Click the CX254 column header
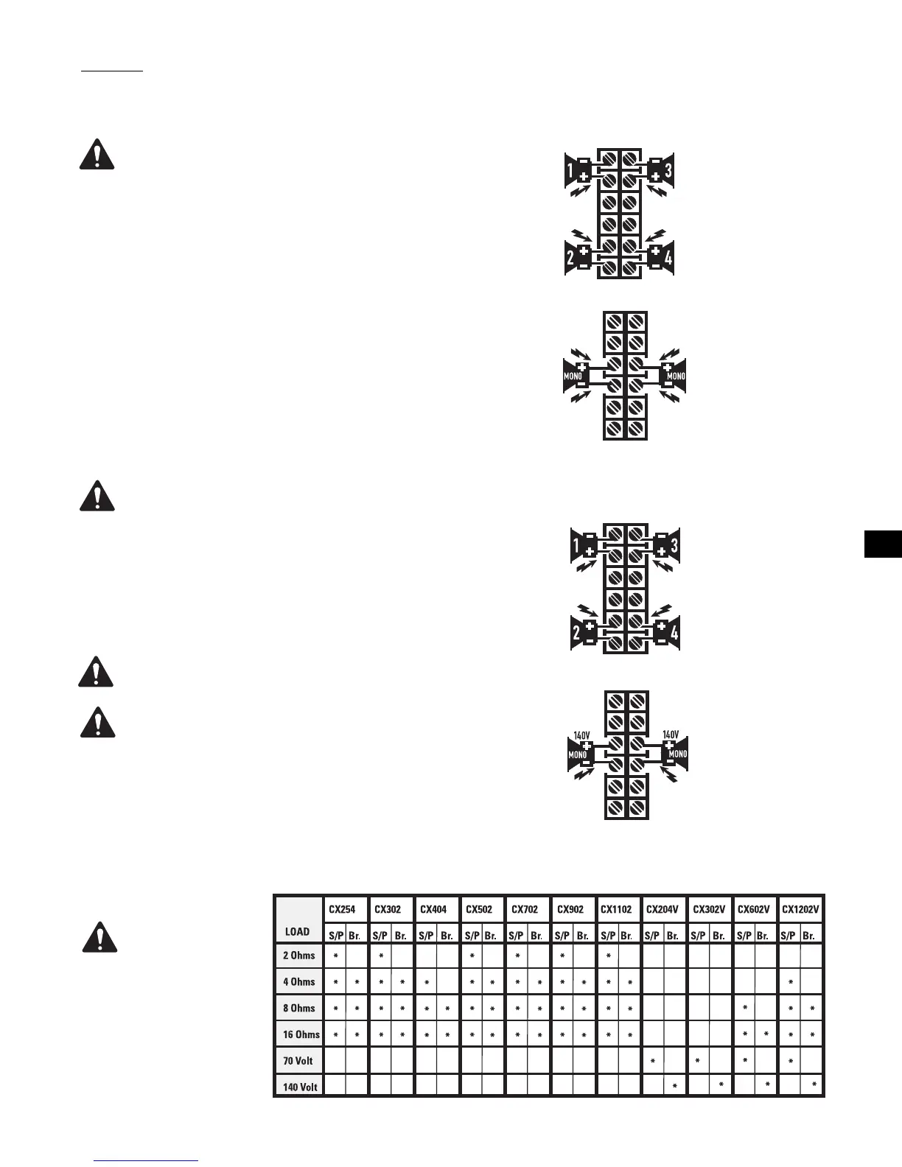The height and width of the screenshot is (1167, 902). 342,909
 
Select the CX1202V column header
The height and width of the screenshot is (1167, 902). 800,909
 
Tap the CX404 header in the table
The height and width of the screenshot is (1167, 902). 433,909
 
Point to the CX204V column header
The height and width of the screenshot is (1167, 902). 662,909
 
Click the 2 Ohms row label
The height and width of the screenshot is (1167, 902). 298,956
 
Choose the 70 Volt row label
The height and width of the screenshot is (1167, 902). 298,1061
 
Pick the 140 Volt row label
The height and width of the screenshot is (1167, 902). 300,1087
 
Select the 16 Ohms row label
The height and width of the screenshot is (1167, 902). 301,1034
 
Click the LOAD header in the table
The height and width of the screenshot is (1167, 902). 297,931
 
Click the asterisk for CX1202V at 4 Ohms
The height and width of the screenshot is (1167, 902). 790,982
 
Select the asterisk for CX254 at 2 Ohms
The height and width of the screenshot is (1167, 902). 335,956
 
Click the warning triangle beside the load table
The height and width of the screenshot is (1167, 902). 98,937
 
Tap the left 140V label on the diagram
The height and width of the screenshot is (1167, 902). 581,735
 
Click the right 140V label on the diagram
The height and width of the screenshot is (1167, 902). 671,735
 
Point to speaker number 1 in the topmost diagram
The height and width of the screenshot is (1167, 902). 570,172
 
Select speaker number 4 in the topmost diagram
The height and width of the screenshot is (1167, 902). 668,259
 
